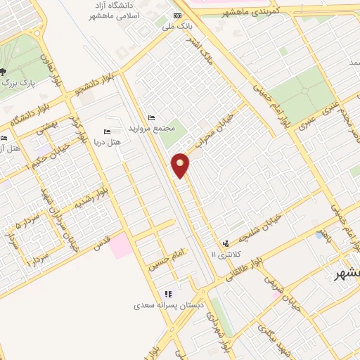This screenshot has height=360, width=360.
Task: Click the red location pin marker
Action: pyautogui.click(x=181, y=165)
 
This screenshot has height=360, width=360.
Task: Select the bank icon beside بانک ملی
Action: pyautogui.click(x=176, y=15)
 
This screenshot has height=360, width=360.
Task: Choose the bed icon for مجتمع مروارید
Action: pyautogui.click(x=152, y=117)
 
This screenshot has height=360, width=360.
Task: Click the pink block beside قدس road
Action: pyautogui.click(x=120, y=245)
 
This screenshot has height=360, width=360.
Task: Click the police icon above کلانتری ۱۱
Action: pyautogui.click(x=225, y=243)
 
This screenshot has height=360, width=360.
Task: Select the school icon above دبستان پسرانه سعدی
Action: pyautogui.click(x=167, y=294)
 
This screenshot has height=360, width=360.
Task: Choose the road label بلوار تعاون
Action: pyautogui.click(x=52, y=70)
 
